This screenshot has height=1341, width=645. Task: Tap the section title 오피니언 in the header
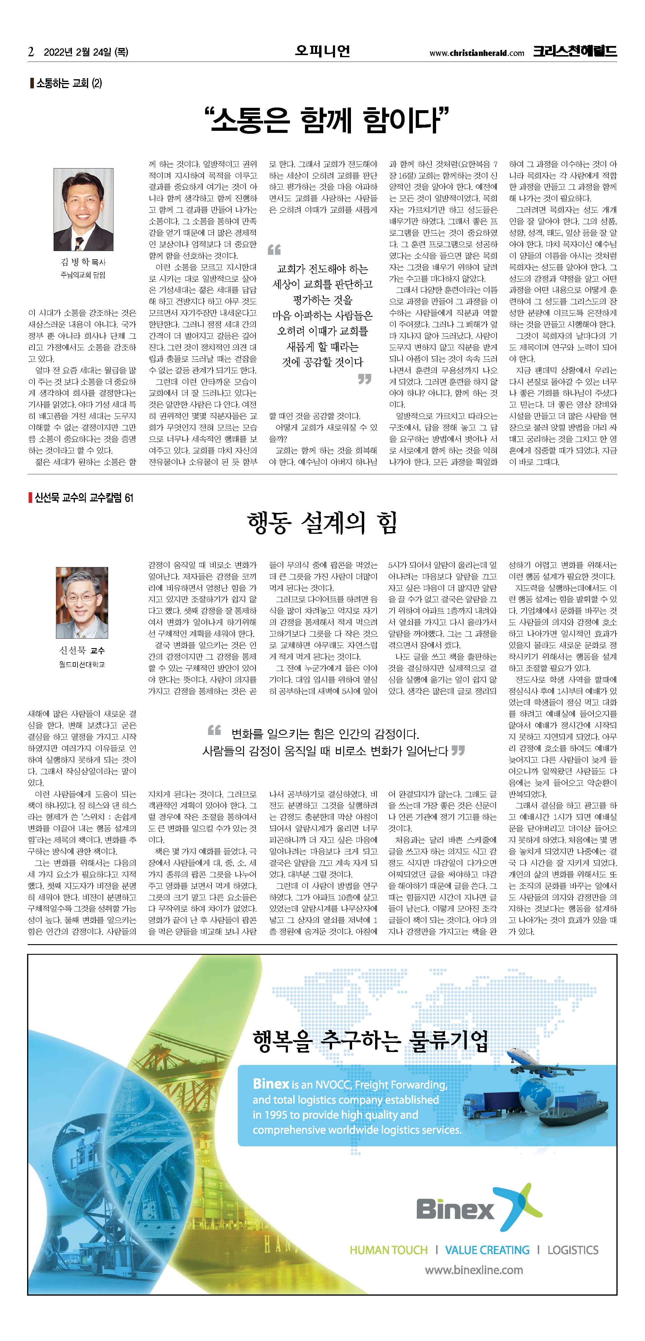(x=322, y=51)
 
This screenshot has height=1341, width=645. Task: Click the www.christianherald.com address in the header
(x=476, y=52)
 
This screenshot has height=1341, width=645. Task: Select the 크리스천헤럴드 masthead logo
(x=574, y=51)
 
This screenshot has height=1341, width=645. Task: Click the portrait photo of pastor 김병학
(x=83, y=209)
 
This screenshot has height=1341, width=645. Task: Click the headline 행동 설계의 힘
(x=322, y=522)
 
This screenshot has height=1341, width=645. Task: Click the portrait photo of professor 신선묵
(x=82, y=602)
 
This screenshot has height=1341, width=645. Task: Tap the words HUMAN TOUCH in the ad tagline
(x=388, y=1250)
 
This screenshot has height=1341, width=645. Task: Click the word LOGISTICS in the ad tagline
(x=573, y=1250)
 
